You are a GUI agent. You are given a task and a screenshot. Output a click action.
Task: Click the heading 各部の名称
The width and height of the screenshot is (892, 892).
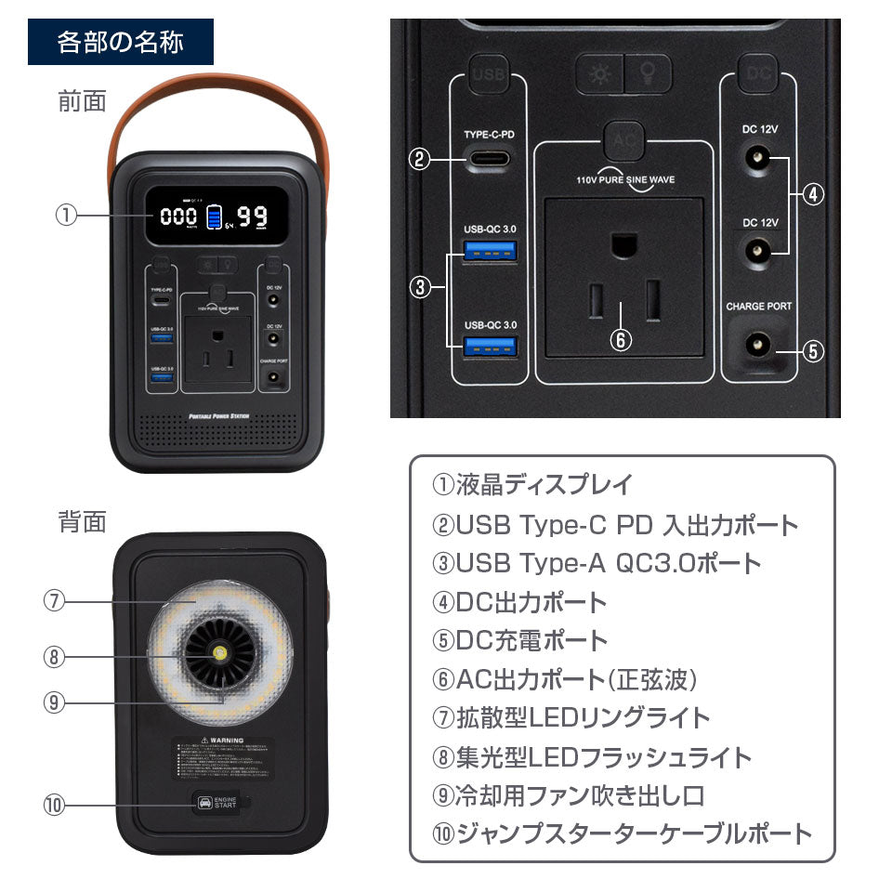[x=121, y=43]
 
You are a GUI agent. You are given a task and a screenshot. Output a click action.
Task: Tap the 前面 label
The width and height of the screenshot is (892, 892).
[x=83, y=100]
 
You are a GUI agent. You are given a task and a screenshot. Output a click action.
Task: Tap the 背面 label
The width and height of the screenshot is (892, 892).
[x=83, y=521]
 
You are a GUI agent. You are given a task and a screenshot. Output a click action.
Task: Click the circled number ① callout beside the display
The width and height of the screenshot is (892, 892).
[x=64, y=216]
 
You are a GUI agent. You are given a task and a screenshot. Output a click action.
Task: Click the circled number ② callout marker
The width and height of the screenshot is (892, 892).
[x=420, y=158]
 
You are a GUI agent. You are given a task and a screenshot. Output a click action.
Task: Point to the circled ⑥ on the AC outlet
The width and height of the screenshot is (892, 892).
[x=621, y=339]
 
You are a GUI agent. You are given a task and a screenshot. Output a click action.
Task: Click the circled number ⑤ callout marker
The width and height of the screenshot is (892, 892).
[x=812, y=351]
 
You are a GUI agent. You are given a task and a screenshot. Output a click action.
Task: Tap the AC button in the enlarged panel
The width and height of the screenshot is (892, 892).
[x=623, y=140]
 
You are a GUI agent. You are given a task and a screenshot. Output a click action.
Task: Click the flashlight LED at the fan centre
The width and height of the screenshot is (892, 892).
[x=221, y=654]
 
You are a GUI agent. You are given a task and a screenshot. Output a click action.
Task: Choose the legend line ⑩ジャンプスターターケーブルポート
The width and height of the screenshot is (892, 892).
[x=622, y=833]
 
